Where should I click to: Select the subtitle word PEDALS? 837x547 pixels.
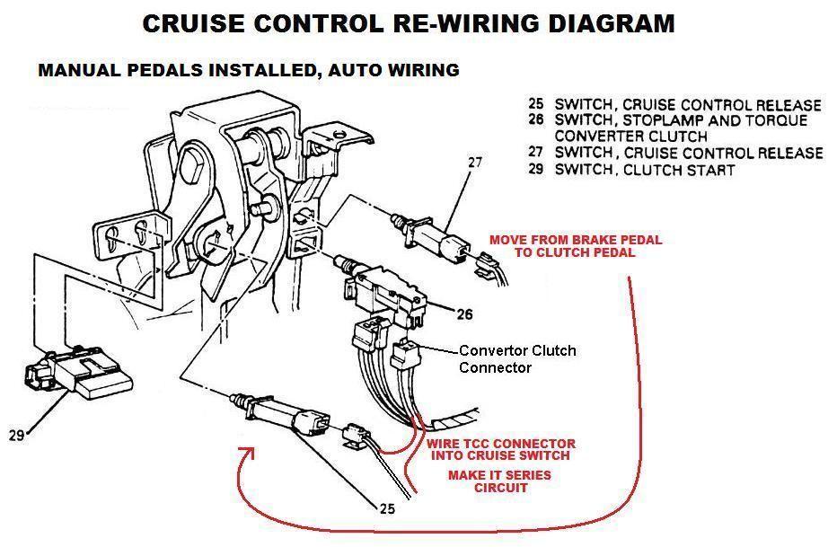point(145,70)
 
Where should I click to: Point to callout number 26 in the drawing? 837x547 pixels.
point(463,314)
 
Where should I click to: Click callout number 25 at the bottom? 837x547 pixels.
point(386,508)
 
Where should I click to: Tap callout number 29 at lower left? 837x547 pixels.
point(16,436)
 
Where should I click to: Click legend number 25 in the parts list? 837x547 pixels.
point(536,105)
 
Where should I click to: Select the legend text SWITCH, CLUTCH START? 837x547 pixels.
point(644,170)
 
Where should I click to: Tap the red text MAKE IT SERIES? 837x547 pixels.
point(499,474)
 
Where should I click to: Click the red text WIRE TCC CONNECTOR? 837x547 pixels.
point(500,444)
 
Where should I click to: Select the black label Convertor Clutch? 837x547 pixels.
point(517,350)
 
